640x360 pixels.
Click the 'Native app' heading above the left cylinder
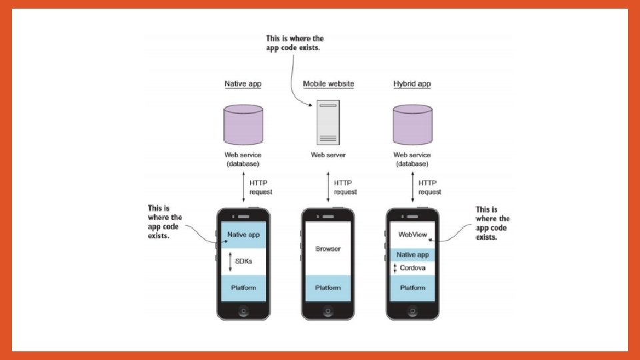243,84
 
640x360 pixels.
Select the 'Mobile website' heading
328,84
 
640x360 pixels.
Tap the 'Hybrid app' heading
413,84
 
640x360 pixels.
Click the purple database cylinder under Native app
243,125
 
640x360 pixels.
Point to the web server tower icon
327,123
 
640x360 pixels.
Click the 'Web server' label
328,155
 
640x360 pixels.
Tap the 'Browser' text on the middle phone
328,249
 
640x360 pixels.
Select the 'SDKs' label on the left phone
243,261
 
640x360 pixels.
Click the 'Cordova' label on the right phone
413,268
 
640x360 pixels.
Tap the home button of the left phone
243,311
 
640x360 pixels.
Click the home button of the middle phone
328,311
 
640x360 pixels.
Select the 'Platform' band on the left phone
243,288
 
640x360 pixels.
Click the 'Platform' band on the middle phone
328,288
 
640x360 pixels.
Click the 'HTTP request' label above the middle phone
345,187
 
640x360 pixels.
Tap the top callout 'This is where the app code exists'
295,43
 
